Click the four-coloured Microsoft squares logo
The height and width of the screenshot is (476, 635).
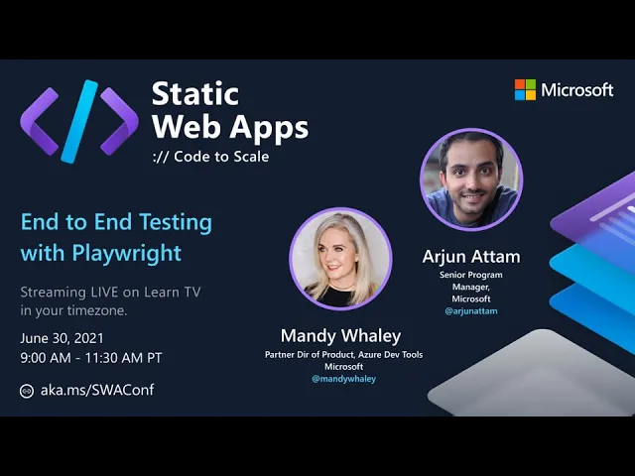[x=525, y=89]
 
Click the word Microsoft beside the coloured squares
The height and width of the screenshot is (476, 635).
[x=577, y=90]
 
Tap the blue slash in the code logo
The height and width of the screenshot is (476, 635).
[x=79, y=121]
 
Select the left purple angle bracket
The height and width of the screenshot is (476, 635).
[x=40, y=121]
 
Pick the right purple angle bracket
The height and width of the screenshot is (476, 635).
[x=119, y=121]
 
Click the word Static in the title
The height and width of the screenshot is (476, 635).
[x=195, y=94]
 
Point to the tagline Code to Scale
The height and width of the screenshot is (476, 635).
[x=221, y=157]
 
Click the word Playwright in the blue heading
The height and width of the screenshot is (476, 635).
[x=126, y=254]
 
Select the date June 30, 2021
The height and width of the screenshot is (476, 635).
[x=62, y=338]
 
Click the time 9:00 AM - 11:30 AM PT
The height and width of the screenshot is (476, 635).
[x=91, y=358]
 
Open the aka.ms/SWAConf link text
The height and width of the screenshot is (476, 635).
[x=97, y=390]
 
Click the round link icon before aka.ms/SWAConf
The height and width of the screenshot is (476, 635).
[x=27, y=391]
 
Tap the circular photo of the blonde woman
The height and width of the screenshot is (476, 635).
[x=340, y=259]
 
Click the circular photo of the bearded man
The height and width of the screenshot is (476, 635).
[x=471, y=179]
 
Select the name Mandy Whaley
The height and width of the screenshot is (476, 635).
[x=340, y=335]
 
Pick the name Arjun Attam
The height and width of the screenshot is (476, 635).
[x=471, y=257]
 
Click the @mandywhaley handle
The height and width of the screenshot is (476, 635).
[x=344, y=379]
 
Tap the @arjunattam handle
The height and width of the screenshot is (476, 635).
[x=471, y=311]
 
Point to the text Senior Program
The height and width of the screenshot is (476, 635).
[x=471, y=275]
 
